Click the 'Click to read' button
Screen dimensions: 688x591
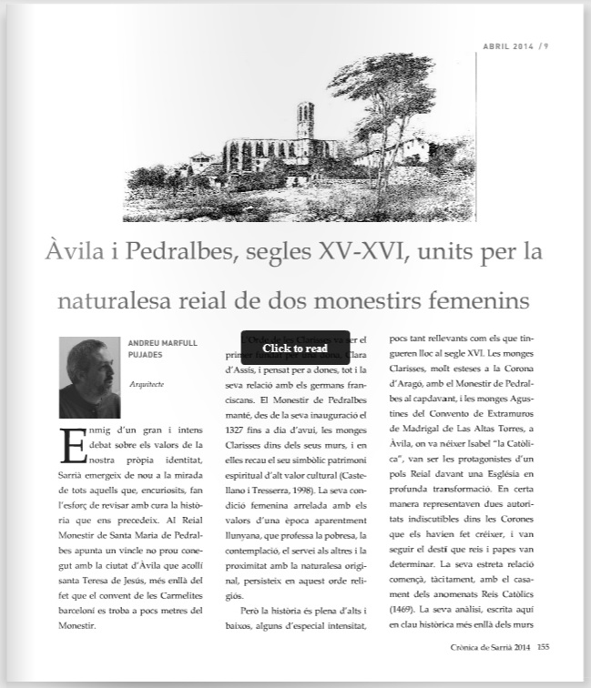(295, 348)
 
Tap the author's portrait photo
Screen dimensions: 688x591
(90, 377)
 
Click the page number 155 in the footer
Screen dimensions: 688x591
(544, 648)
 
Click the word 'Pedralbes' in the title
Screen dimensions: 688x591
(167, 250)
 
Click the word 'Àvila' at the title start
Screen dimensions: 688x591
(70, 250)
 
